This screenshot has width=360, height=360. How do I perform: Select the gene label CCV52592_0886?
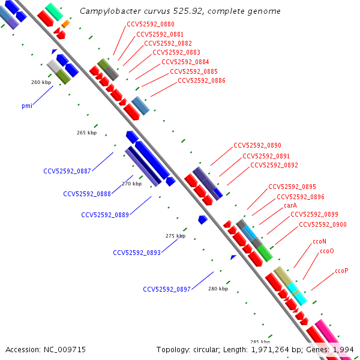point(202,80)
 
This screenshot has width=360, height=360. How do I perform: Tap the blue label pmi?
point(27,106)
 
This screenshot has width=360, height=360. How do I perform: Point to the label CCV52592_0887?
point(67,171)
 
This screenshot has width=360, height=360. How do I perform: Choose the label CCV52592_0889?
point(105,215)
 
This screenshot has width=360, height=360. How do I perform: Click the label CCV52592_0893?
point(137,253)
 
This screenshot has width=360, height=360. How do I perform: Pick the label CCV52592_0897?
point(167,289)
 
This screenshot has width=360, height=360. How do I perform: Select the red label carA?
point(290,205)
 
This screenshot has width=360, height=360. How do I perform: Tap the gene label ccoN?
point(319,241)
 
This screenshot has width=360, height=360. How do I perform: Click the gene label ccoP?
point(341,271)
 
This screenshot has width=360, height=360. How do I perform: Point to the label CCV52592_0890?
point(257,145)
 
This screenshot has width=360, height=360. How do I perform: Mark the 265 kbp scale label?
point(87,133)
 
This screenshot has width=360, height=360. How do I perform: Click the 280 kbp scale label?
point(218,289)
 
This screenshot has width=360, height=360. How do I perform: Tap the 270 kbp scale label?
point(131,184)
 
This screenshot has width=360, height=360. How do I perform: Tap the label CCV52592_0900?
point(323,225)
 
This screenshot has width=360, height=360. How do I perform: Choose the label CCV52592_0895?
point(292,187)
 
